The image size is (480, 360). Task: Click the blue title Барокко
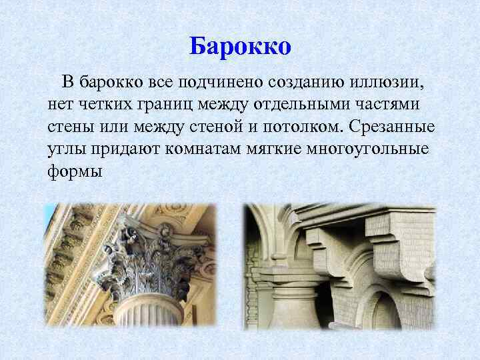click(x=240, y=46)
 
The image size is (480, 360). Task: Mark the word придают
click(x=123, y=149)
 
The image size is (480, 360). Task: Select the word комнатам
click(x=203, y=149)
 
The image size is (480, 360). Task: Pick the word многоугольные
click(x=373, y=149)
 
